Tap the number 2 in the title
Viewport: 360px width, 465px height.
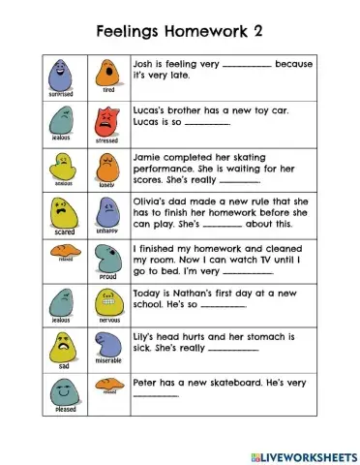(256, 30)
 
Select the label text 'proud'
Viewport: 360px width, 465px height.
(107, 276)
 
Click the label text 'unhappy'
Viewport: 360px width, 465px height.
(106, 231)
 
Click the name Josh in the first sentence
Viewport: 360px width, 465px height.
(144, 64)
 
